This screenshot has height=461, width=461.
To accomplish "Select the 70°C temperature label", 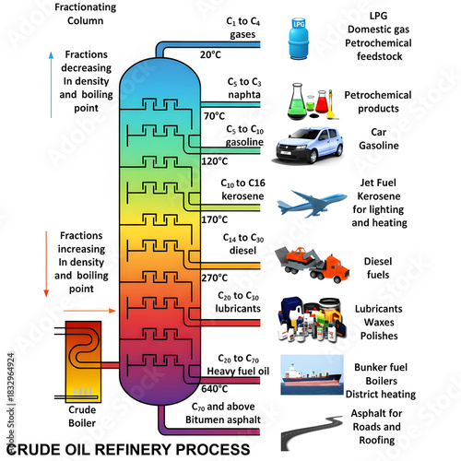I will [214, 116].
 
